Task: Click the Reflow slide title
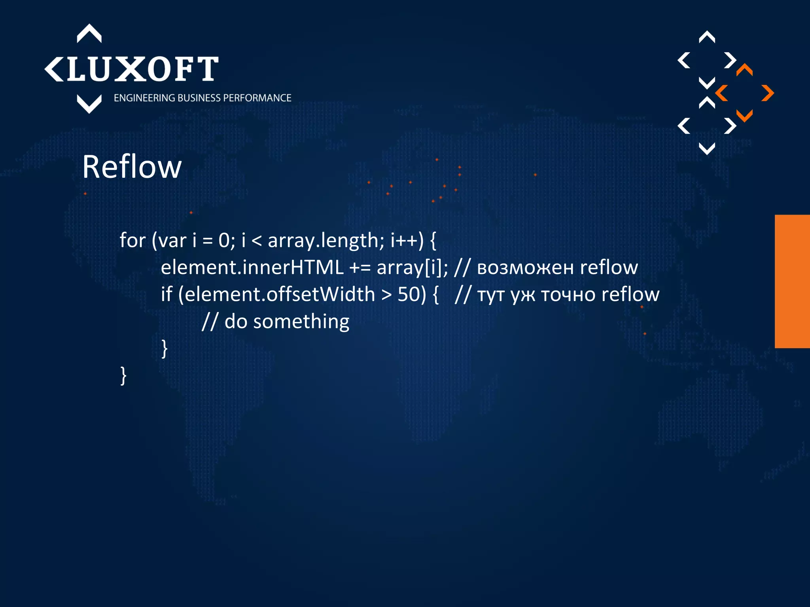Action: [x=132, y=167]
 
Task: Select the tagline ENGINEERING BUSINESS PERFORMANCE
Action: [x=202, y=98]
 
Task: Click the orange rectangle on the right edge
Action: [x=792, y=281]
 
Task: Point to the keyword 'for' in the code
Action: [x=132, y=240]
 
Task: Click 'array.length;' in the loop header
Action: [x=326, y=240]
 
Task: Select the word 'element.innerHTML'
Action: [x=252, y=268]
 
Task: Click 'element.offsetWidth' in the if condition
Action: [x=279, y=294]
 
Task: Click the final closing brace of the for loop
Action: [x=123, y=375]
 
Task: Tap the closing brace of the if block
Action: [x=165, y=349]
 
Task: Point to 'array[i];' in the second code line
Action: [x=412, y=268]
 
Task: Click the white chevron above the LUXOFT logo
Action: [x=89, y=33]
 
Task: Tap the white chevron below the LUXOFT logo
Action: [x=89, y=104]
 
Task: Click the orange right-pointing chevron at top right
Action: [x=768, y=93]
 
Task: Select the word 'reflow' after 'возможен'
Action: [x=609, y=268]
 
